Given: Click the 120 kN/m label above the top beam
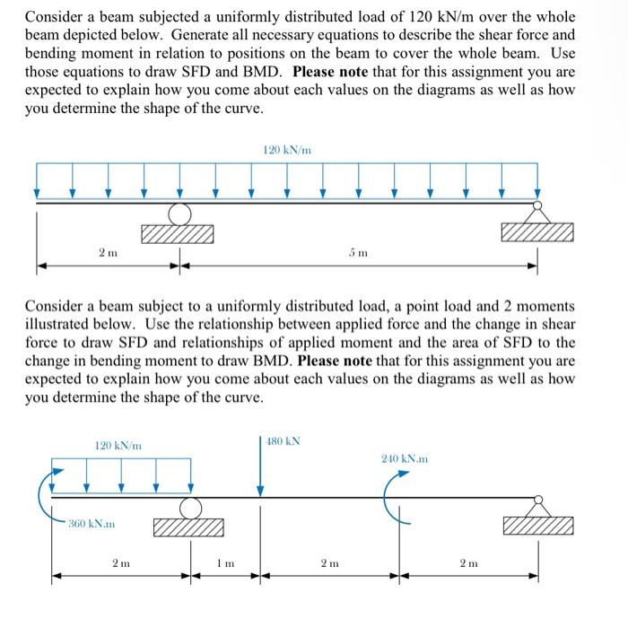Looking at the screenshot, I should [287, 150].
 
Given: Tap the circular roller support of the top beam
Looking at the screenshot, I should [179, 213].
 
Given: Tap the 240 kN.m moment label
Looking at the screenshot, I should [406, 458].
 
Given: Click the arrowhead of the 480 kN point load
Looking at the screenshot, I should [261, 490].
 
